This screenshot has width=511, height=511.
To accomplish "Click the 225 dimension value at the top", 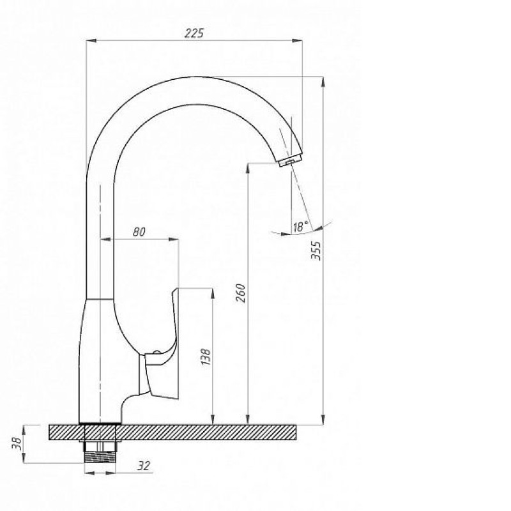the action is tap(194, 33).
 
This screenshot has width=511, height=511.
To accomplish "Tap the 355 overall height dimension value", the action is tap(316, 250).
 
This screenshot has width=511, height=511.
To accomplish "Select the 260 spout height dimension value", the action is tap(241, 293).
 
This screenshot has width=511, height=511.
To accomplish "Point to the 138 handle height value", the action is tap(206, 356).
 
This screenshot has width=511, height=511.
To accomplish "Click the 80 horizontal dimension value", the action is tap(139, 232).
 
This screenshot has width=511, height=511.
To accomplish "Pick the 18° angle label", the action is tap(300, 226).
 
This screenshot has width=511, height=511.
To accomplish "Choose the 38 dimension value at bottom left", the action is tap(17, 443).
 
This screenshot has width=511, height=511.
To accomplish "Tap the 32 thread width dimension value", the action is tap(143, 466).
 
